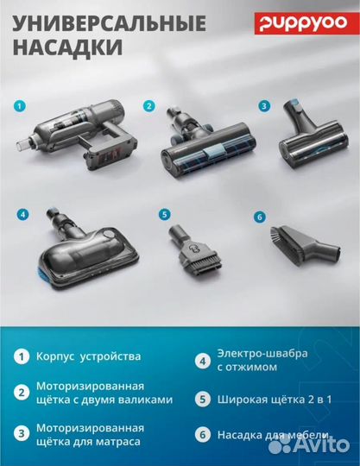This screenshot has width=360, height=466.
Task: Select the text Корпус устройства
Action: (89, 356)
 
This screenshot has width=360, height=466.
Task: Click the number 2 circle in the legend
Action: (18, 393)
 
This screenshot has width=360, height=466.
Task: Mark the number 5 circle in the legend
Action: (203, 399)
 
